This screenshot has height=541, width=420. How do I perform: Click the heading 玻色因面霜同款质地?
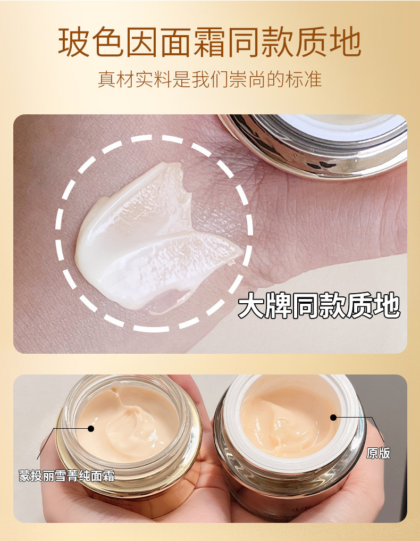coord(209,43)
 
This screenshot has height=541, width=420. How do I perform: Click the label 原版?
coord(378,453)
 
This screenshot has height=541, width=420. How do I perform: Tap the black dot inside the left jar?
coord(91,428)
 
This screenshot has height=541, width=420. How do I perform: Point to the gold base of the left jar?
coord(133,495)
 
